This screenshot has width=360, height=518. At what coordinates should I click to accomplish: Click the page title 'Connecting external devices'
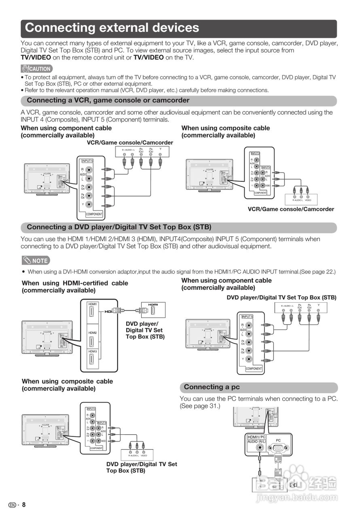[x=112, y=28]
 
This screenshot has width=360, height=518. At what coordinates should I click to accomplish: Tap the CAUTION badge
[x=37, y=69]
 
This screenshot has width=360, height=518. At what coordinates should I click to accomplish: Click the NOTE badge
[x=36, y=261]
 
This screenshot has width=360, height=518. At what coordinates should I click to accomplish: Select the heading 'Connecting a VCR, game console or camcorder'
[x=108, y=100]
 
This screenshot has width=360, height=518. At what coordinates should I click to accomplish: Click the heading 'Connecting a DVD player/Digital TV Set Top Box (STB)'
[x=119, y=227]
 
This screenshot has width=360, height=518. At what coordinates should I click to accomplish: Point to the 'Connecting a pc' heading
[x=212, y=387]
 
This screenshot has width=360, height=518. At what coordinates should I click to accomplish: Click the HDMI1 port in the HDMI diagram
[x=91, y=312]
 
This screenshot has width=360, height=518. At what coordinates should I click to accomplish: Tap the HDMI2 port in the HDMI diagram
[x=91, y=341]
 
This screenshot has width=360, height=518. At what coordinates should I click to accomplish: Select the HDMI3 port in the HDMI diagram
[x=91, y=360]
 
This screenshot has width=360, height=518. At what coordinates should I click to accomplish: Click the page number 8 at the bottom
[x=24, y=505]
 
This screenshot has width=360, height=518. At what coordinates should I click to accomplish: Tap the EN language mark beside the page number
[x=13, y=505]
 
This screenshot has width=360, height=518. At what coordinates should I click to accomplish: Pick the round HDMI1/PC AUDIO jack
[x=259, y=448]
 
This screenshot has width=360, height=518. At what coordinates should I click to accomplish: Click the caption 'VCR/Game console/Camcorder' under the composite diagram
[x=291, y=209]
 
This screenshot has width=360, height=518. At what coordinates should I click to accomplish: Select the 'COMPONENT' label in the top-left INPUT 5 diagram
[x=94, y=214]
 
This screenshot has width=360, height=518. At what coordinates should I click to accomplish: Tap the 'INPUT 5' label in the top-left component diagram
[x=87, y=161]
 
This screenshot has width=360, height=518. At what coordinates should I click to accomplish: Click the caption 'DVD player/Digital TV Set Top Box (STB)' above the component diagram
[x=281, y=297]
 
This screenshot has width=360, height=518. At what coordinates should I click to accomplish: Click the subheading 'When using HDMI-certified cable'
[x=75, y=283]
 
